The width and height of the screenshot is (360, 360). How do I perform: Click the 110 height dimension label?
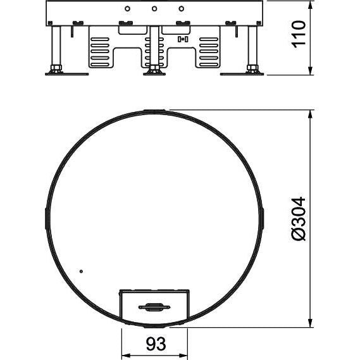click(x=299, y=34)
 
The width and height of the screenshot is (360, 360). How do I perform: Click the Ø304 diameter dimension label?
click(x=299, y=219)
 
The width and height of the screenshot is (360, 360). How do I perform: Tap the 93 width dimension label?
click(x=156, y=344)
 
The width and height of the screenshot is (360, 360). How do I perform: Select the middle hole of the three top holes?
click(x=154, y=9)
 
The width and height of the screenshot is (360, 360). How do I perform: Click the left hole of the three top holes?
click(x=127, y=9)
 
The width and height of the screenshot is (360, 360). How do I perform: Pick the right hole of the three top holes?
click(x=182, y=9)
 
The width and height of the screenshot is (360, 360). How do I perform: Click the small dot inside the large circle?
click(x=81, y=271)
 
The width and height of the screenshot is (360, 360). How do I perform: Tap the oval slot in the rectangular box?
click(x=154, y=307)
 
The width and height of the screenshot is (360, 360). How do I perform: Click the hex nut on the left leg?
click(x=56, y=68)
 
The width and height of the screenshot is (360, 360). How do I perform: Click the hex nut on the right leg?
click(x=252, y=68)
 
